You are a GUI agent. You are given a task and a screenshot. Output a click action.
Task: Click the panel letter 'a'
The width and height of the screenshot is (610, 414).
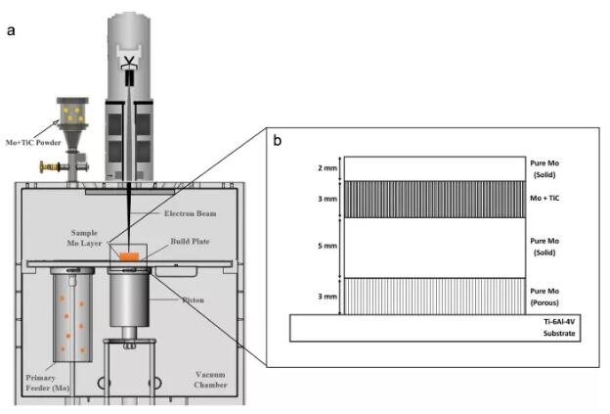(11, 30)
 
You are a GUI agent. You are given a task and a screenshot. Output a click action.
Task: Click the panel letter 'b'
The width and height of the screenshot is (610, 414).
(277, 140)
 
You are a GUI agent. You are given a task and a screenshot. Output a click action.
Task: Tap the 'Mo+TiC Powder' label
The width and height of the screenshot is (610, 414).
(33, 143)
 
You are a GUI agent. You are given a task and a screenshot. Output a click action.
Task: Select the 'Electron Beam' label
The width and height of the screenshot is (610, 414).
(190, 213)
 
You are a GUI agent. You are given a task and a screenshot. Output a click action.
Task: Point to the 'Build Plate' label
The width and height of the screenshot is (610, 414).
(190, 242)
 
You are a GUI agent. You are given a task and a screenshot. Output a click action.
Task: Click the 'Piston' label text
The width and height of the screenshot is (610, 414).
(194, 299)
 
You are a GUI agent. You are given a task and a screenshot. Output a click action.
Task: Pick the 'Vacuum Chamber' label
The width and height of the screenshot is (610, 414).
(210, 380)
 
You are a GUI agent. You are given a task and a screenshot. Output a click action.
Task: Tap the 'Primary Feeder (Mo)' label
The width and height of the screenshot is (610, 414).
(47, 383)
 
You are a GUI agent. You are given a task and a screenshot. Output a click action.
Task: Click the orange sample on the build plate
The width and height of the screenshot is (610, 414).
(129, 256)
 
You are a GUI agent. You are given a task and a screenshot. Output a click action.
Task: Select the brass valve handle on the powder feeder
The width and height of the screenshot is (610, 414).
(50, 166)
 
